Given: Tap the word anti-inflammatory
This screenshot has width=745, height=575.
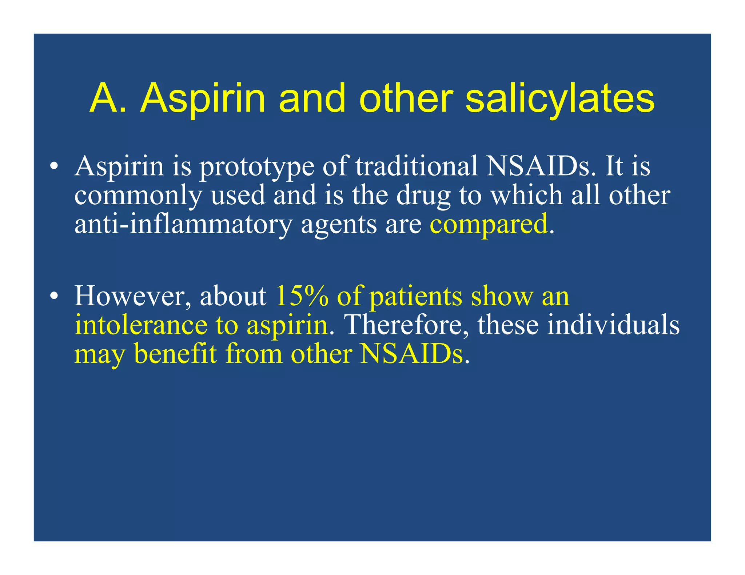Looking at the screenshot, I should (x=183, y=225).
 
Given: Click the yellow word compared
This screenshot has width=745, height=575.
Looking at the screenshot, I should (x=489, y=225).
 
